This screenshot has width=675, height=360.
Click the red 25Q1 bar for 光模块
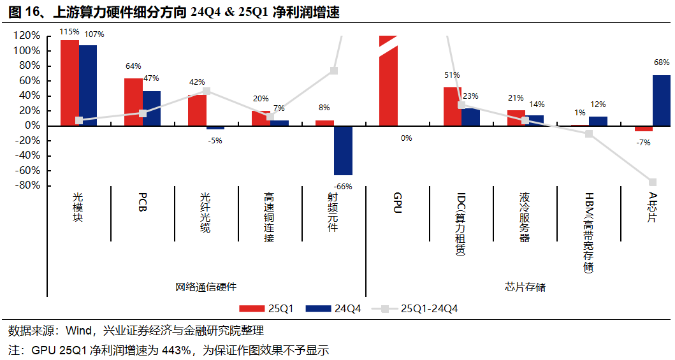(69, 83)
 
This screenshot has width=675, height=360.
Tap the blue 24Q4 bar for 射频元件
(343, 150)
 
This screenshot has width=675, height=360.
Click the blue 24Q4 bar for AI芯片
(662, 100)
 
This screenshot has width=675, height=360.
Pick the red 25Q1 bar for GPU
(388, 83)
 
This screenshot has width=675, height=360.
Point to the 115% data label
(69, 31)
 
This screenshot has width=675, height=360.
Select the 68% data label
(662, 62)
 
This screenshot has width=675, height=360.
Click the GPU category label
(397, 203)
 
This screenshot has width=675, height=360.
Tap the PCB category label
(142, 203)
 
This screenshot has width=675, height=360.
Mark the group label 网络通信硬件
(205, 287)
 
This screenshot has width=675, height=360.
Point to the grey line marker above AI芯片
(653, 182)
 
